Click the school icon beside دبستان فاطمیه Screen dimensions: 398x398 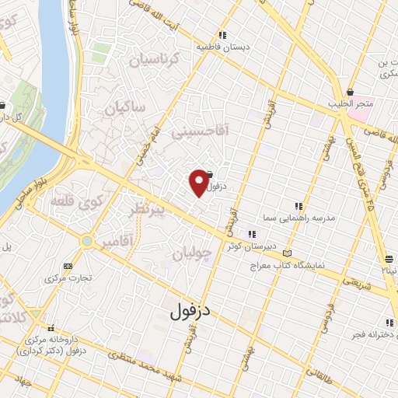[x=222, y=34]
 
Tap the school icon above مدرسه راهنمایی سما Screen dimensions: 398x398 [x=298, y=206]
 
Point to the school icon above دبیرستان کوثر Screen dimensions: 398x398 [x=251, y=234]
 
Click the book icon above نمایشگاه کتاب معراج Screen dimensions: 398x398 [x=288, y=253]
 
